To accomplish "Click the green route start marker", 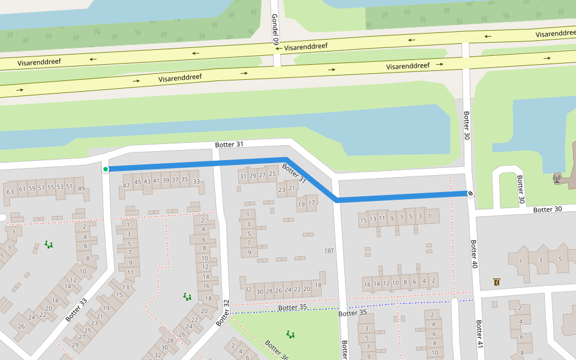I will point(106,169).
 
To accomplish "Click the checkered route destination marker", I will point(470,193).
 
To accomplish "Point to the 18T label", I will point(329,250).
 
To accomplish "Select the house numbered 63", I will point(10,192).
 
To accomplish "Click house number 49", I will point(81,190).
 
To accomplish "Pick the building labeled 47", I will point(126,185).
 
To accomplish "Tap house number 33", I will point(196,181).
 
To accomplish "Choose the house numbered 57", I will point(41,188).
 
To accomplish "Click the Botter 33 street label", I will point(76,310).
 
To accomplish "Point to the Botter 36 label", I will point(276,349).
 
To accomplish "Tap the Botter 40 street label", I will point(474,254).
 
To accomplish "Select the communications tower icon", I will point(557,178).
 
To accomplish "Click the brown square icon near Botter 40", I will point(496,281).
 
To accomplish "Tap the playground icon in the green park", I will point(290,334).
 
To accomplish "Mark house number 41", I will point(156,181).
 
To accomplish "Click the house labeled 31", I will point(243,176).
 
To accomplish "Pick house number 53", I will point(60,187).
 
